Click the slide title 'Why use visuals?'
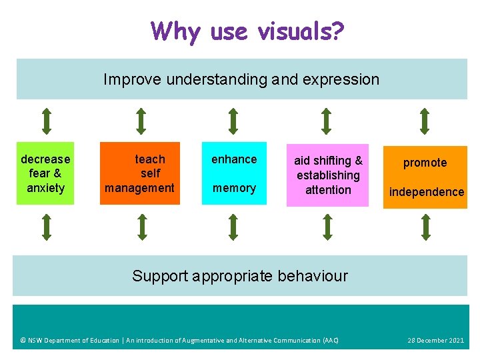(x=247, y=31)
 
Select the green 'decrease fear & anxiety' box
(x=45, y=173)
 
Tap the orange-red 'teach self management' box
(x=140, y=173)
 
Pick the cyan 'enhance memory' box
(x=234, y=173)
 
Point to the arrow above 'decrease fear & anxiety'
(x=46, y=121)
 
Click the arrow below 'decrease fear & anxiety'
(x=46, y=227)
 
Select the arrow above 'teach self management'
(x=141, y=121)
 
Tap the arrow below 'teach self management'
(x=141, y=227)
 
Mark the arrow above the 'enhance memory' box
(x=233, y=121)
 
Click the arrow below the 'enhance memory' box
(x=233, y=227)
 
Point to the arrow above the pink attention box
(x=326, y=121)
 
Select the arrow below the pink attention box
(x=326, y=227)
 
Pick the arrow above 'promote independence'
(x=425, y=121)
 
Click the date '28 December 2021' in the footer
(x=435, y=341)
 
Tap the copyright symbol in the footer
(x=23, y=341)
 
